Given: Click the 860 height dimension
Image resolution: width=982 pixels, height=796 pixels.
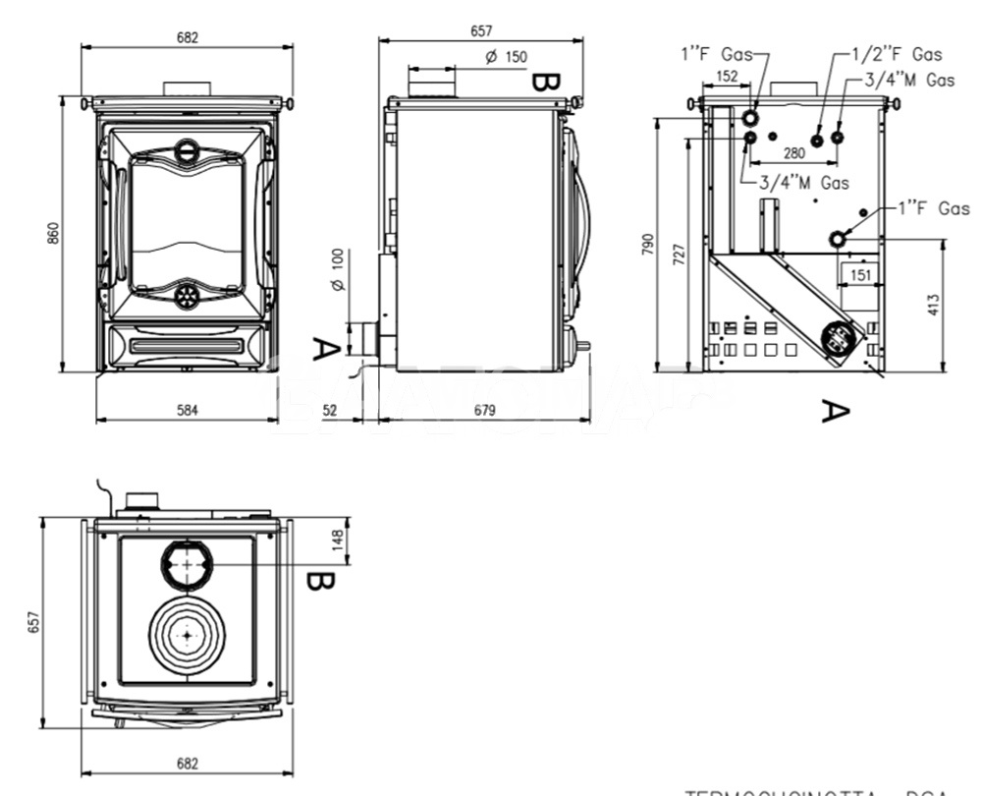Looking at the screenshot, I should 55,233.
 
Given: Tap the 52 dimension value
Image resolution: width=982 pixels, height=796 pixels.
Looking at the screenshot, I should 330,410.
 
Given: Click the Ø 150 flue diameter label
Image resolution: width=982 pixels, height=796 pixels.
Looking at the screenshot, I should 507,57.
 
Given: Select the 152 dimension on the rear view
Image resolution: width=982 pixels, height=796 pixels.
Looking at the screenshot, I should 727,76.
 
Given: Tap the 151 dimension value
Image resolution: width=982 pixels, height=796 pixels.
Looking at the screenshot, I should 860,275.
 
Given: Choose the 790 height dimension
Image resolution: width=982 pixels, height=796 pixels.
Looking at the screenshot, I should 648,245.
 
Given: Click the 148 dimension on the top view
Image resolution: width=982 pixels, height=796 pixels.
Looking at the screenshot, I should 338,539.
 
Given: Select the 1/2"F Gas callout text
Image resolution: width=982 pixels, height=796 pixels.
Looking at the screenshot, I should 895,55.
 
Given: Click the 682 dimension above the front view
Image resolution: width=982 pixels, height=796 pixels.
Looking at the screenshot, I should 188,38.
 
